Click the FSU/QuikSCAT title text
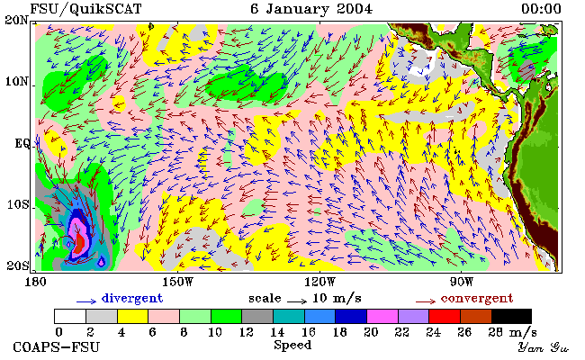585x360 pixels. coord(85,9)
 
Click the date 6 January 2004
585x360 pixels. coord(311,9)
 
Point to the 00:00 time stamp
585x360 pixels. coord(541,9)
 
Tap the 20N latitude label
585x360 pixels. coord(16,20)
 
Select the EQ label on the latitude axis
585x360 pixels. coord(22,144)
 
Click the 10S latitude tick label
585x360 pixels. coord(18,204)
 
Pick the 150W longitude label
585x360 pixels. coord(178,282)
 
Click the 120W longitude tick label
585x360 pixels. coord(319,282)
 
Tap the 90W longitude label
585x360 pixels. coord(462,282)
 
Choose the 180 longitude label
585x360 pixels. coord(35,282)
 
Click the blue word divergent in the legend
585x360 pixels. coord(132,299)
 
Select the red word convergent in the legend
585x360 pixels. coord(477,299)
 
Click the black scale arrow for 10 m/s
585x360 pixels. coord(297,301)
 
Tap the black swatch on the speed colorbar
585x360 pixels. coord(511,316)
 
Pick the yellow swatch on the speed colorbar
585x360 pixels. coord(133,316)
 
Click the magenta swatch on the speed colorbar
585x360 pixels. coord(382,316)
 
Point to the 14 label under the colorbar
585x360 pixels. coord(277,331)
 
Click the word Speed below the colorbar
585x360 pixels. coord(292,345)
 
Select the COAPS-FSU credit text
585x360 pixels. coord(57,346)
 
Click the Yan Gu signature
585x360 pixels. coord(543,347)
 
